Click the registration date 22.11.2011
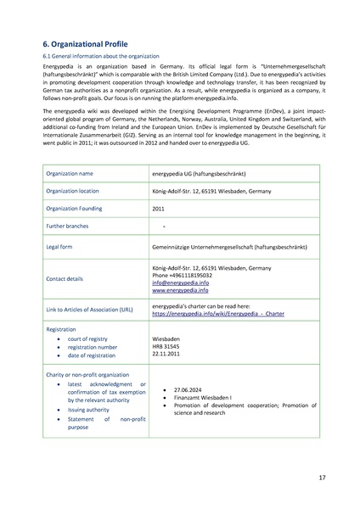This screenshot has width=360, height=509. [x=168, y=356]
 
